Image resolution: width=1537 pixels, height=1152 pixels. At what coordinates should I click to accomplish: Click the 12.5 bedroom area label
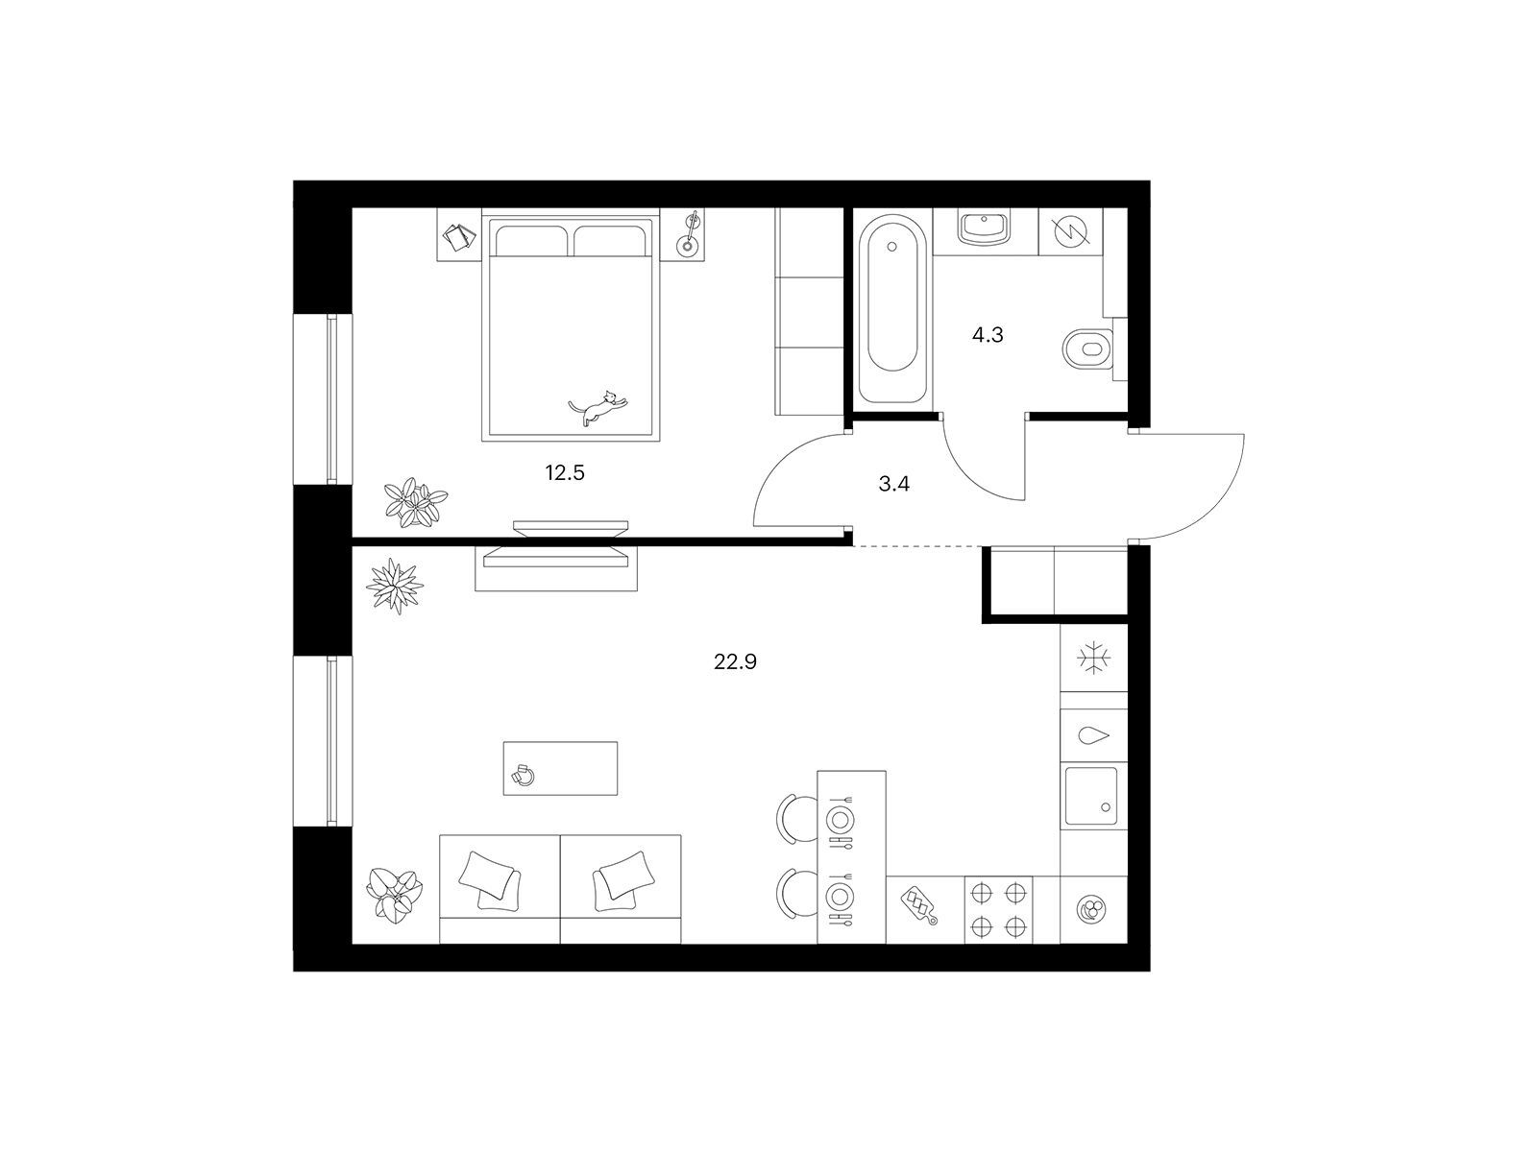pos(565,473)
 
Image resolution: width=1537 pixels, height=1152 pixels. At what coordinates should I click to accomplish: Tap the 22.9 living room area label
pos(735,661)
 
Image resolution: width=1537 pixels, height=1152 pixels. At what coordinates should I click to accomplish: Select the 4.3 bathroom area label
pos(988,336)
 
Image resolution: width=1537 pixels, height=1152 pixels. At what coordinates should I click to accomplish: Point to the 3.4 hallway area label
pos(893,483)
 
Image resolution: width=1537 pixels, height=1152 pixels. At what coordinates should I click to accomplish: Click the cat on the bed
pos(598,408)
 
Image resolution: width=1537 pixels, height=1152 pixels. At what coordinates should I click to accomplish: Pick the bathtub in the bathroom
pos(891,309)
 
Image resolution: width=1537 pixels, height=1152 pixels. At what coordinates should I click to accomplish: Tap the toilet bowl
pos(1087,349)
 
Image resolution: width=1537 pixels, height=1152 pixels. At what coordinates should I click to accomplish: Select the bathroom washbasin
pos(985,228)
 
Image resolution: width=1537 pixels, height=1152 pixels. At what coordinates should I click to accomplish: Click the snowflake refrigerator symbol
pos(1093,659)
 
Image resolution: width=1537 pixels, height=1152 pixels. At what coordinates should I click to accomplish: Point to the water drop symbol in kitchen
pos(1093,735)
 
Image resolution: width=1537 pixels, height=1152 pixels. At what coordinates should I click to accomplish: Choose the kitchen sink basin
pos(1091,796)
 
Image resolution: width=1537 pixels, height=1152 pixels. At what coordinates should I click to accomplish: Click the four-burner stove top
pos(998,910)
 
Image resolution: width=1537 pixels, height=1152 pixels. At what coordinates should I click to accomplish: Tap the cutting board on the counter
pos(919,906)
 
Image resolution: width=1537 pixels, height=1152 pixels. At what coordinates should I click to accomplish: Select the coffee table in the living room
pos(560,768)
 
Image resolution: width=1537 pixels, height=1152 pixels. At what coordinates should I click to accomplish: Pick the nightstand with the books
pos(459,235)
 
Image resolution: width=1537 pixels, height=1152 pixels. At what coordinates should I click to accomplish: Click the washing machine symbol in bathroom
pos(1070,230)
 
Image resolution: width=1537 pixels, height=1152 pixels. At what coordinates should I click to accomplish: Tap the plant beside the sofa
pos(394,893)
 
